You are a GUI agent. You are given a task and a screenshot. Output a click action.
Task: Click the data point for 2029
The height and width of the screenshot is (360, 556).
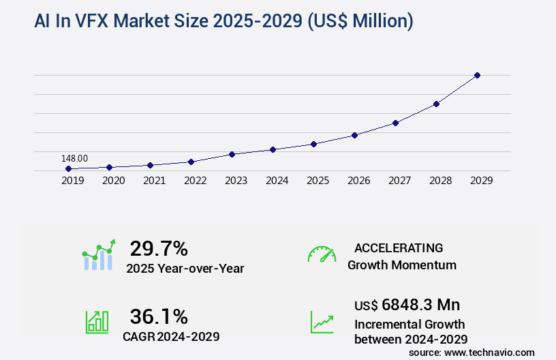point(477,75)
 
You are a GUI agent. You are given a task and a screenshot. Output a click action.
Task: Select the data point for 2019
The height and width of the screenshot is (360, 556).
point(68,168)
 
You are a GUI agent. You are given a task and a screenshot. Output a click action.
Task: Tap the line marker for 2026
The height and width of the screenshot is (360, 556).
point(354,135)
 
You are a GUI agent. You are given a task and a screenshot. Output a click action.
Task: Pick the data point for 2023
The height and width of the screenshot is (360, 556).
point(232,154)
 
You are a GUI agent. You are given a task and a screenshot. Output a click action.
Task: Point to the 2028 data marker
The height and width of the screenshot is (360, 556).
point(436,104)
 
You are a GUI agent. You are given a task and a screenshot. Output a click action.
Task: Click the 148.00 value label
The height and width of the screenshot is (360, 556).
point(74,158)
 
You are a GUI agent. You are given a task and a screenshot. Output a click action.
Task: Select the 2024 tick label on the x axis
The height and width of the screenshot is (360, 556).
point(277,181)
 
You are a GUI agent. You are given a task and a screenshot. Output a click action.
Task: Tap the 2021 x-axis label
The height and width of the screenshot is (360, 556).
point(154,181)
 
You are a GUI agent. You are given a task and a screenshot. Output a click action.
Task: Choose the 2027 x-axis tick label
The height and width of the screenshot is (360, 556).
point(399,181)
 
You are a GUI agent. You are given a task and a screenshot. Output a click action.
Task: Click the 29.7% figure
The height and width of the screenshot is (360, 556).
point(159,248)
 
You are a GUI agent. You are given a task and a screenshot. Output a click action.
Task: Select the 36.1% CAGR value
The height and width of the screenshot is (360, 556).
point(159,316)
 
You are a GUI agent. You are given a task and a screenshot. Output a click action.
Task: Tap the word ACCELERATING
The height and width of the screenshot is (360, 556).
point(399,247)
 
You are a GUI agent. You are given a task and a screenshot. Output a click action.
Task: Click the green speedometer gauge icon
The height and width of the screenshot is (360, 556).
point(322,254)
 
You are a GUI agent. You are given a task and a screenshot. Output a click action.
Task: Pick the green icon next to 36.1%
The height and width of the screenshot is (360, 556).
point(96,322)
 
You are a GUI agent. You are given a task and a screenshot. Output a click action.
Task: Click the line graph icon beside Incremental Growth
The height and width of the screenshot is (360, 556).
point(322,322)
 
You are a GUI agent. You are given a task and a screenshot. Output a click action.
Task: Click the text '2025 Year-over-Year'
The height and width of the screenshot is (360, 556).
point(185,268)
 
